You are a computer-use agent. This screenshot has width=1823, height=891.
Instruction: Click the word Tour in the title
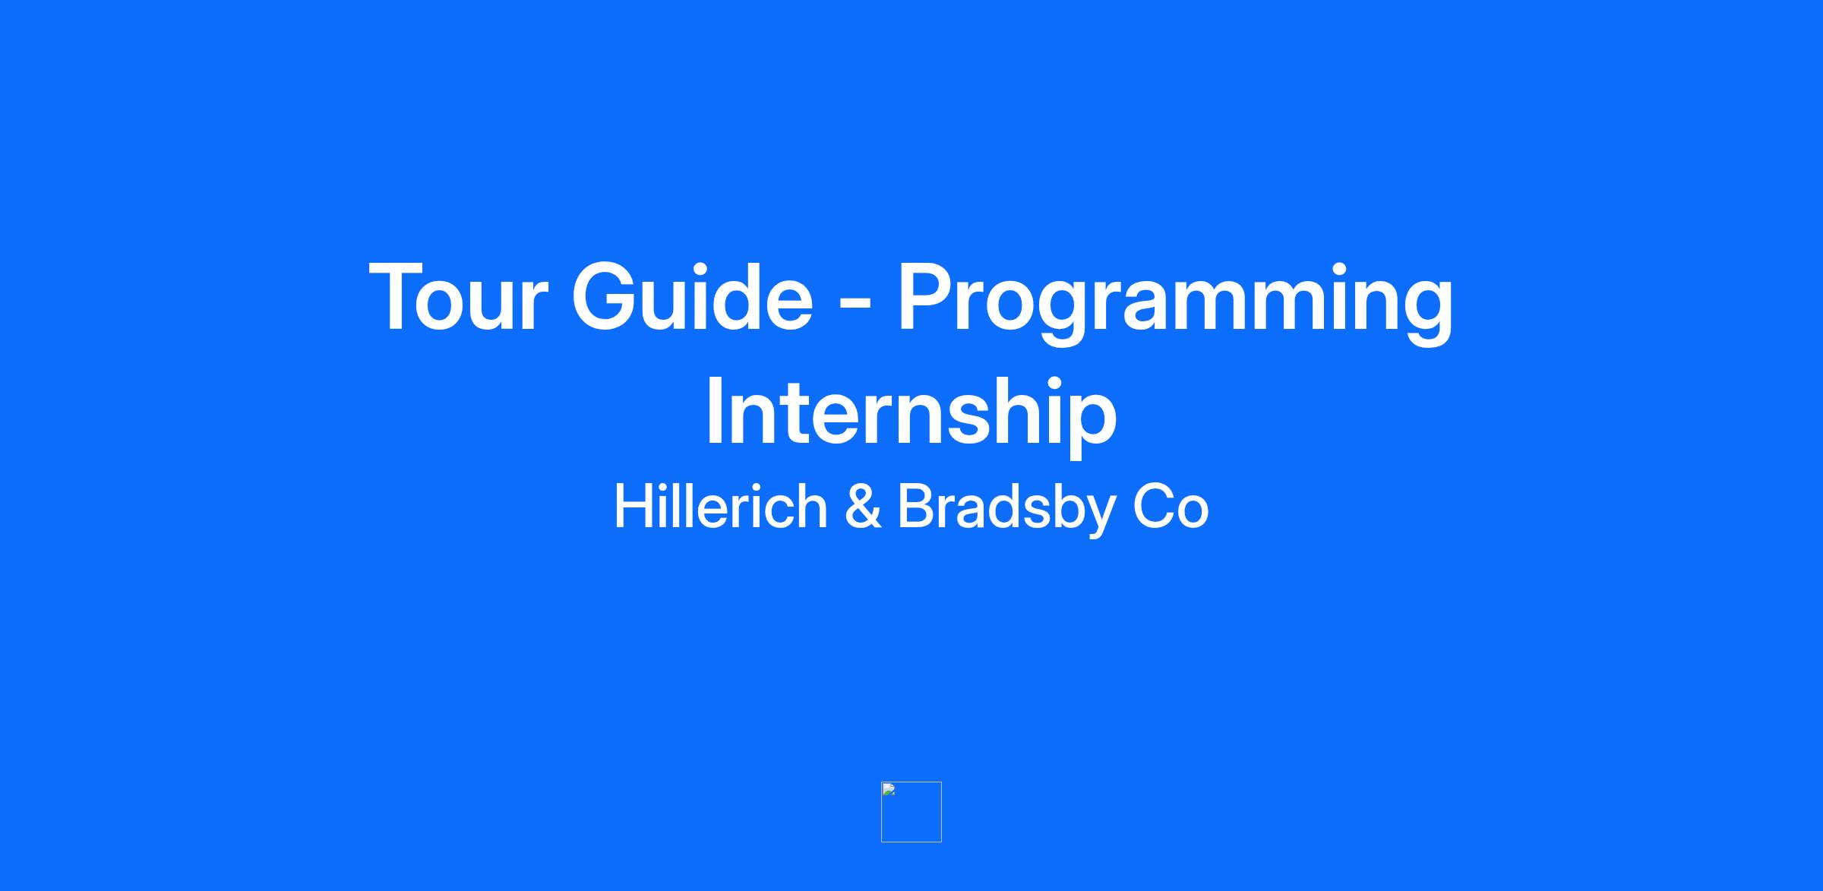click(x=457, y=297)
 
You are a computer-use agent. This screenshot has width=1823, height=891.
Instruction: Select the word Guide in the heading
click(x=692, y=297)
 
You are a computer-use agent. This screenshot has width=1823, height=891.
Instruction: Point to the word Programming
click(x=1175, y=303)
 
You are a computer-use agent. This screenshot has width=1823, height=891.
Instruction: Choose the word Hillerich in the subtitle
click(x=720, y=507)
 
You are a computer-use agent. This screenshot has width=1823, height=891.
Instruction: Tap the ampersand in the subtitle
click(x=863, y=507)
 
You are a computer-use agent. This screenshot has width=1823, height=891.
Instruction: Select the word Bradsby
click(x=1005, y=510)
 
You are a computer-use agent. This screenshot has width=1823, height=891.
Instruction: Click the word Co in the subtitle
click(x=1171, y=507)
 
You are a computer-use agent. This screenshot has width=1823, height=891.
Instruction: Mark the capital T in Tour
click(x=400, y=297)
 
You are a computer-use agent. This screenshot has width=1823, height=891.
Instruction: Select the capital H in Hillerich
click(x=634, y=507)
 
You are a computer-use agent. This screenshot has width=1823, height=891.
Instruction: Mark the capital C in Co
click(x=1154, y=507)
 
